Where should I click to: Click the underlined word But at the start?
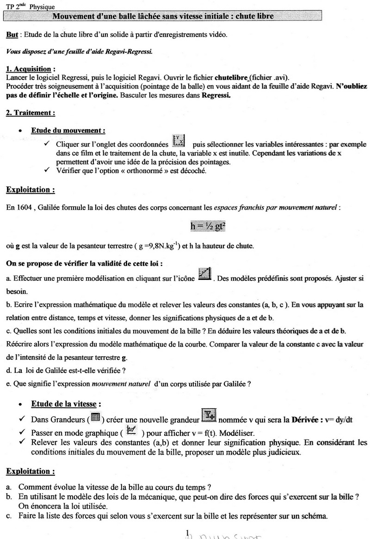tap(12, 35)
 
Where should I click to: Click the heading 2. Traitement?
tap(31, 112)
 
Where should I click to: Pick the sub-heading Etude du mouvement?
tap(68, 130)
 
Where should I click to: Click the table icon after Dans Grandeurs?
tap(96, 418)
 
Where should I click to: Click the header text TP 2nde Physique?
tap(30, 6)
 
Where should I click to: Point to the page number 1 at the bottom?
tap(187, 534)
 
